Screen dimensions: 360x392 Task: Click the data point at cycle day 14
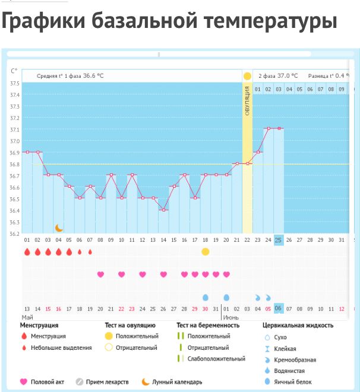tap(163, 210)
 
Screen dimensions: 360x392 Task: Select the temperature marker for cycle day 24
tap(269, 128)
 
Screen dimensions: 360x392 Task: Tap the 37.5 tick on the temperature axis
tap(15, 83)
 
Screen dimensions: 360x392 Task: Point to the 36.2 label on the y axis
tap(14, 234)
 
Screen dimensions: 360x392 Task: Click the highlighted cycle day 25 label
tap(278, 240)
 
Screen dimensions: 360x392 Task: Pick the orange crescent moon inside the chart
tap(59, 227)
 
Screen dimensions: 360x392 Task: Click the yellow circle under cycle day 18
tap(206, 252)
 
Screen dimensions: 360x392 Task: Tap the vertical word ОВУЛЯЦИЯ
tap(247, 101)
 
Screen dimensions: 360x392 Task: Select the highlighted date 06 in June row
tap(278, 308)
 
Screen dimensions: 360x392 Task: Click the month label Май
tap(27, 317)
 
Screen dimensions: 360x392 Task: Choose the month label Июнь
tap(230, 317)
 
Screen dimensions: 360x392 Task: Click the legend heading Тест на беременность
tap(208, 325)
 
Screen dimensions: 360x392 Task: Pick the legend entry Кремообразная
tap(295, 360)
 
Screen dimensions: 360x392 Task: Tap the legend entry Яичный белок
tap(293, 382)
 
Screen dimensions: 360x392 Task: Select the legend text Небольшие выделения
tap(61, 347)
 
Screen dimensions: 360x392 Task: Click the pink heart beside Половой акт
tap(24, 381)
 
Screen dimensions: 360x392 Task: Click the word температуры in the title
tap(271, 21)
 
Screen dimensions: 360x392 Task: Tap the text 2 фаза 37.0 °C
tap(278, 76)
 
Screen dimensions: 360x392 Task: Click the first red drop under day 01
tap(27, 252)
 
